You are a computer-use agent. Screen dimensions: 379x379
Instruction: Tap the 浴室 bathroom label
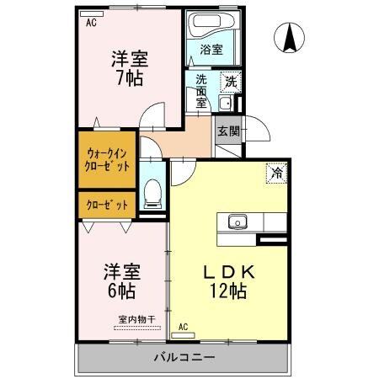[211, 50]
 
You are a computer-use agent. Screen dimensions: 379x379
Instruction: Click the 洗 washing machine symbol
[231, 83]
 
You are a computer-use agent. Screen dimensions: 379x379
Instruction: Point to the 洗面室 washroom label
[201, 91]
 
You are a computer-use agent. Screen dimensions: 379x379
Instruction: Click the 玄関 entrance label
[227, 131]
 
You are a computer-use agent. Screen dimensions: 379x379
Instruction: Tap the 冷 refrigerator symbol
[276, 173]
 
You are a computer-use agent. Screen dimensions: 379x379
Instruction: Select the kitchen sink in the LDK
[237, 222]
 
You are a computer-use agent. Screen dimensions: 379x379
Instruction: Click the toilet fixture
[152, 192]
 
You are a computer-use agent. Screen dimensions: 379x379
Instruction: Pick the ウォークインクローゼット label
[107, 159]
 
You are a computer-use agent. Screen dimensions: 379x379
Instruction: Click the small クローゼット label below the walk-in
[107, 205]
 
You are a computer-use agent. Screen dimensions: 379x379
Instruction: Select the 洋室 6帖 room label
[121, 281]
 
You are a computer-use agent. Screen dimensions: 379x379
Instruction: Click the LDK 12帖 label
[227, 281]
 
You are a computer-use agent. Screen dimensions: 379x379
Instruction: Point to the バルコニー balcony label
[184, 357]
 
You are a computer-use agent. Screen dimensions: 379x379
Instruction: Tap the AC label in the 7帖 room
[91, 23]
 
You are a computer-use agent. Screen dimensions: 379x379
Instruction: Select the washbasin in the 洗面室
[224, 104]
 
